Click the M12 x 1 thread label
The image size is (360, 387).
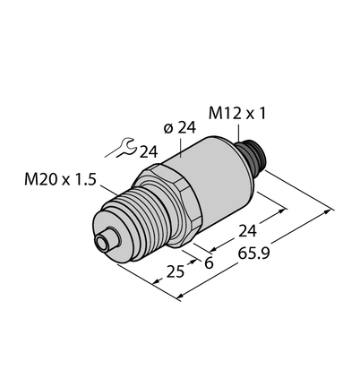click(x=236, y=114)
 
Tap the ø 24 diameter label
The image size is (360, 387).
click(x=180, y=128)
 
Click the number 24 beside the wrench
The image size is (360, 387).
click(x=149, y=152)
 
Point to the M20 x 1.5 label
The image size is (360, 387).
click(x=60, y=180)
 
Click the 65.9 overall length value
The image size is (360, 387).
click(x=253, y=254)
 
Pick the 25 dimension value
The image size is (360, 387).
click(x=176, y=272)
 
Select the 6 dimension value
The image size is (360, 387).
click(x=209, y=263)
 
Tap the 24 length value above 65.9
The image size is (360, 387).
click(x=247, y=231)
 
